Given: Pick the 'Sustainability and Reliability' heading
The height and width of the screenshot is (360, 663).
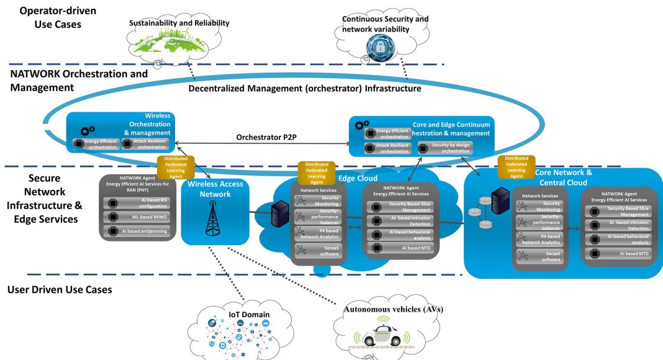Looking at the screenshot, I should coord(179,24).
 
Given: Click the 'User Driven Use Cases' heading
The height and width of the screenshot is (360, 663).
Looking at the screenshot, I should coord(60,289).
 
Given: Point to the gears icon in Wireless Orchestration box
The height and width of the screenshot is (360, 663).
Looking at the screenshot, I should coord(88,131).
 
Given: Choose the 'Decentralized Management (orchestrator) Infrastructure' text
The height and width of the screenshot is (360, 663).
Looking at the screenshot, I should coord(305,89).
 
